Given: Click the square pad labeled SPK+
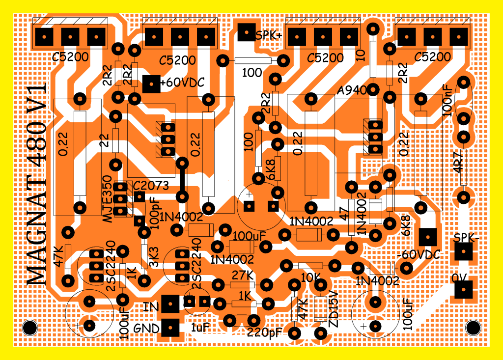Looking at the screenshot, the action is (247, 32).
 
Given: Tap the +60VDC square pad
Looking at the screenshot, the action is (151, 84).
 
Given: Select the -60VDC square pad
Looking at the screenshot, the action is (428, 237).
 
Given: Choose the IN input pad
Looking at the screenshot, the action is (170, 304).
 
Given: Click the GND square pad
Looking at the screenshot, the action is (170, 328).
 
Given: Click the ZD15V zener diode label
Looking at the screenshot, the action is (334, 309).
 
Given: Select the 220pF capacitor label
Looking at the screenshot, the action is (264, 332).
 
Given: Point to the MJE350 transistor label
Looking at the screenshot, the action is (108, 200).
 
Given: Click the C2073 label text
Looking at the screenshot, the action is (151, 186).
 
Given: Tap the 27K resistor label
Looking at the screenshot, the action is (243, 275).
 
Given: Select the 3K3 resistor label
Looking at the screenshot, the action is (153, 257).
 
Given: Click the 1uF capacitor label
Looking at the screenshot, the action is (200, 328).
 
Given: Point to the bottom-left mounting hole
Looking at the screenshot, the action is (30, 328).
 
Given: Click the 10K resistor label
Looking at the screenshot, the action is (310, 278).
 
